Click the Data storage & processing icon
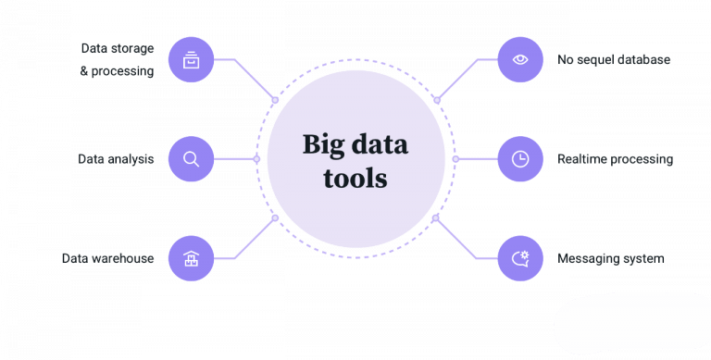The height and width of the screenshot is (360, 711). click(192, 62)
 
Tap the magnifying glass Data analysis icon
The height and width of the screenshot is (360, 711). click(192, 159)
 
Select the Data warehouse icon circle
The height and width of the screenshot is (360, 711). click(192, 257)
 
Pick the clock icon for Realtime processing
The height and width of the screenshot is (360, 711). click(520, 159)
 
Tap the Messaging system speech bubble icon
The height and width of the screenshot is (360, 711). click(520, 258)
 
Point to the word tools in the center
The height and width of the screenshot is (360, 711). click(355, 177)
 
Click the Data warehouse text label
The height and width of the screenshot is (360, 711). click(108, 258)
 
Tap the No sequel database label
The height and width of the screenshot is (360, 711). click(614, 60)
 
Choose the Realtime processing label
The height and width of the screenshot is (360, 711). click(614, 159)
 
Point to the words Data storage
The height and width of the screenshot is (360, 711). click(118, 47)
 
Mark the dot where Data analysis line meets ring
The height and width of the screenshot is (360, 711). click(257, 159)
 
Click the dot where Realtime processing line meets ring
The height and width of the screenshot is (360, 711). click(455, 159)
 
